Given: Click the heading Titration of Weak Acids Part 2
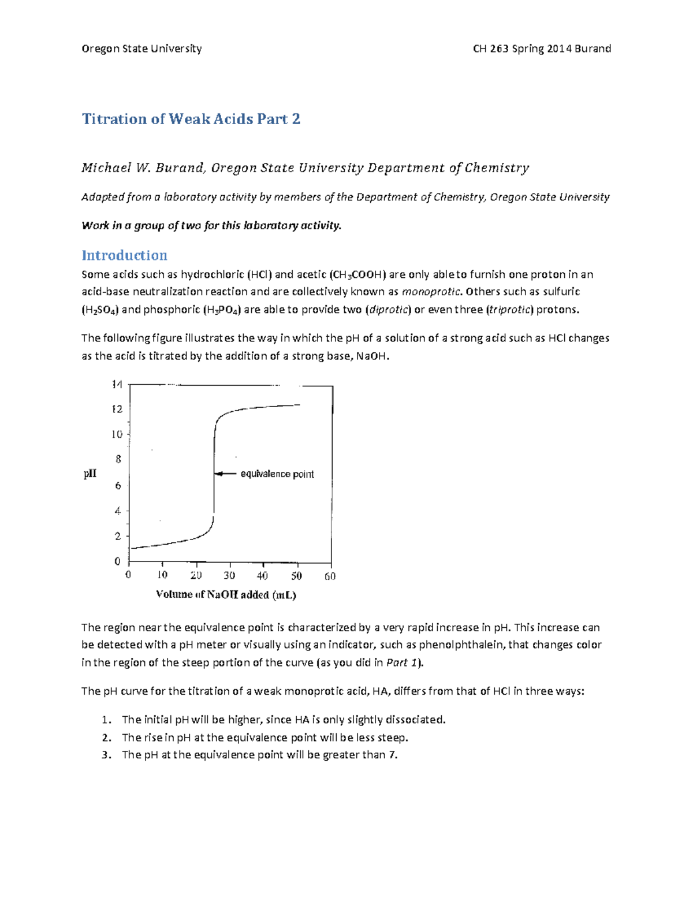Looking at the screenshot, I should coord(191,119).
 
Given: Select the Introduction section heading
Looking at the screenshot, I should coord(124,255).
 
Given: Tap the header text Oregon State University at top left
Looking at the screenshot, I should coord(141,49).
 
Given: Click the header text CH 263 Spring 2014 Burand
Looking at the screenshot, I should coord(542,49).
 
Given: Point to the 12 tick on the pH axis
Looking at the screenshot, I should coord(117,409).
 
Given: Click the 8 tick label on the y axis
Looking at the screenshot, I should coord(118,460).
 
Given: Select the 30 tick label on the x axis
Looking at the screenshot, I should coord(229,575).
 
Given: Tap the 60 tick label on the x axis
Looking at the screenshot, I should coord(330,575).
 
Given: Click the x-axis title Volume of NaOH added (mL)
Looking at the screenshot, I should coord(226,594).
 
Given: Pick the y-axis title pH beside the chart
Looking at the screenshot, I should coord(90,474).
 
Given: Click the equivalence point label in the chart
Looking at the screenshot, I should coord(277,474).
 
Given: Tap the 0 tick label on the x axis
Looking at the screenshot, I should coord(128,575).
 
